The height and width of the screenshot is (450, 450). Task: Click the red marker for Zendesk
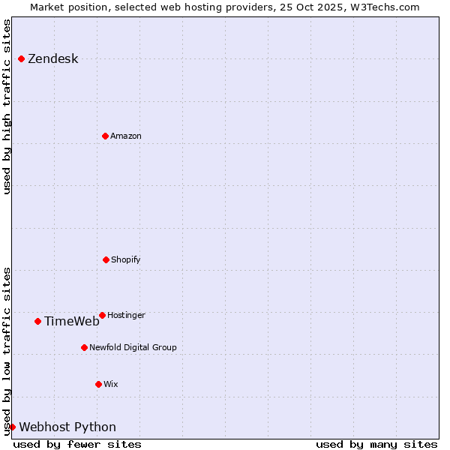(21, 58)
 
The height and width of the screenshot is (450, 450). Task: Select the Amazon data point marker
(105, 136)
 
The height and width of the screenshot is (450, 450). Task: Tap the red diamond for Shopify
(106, 259)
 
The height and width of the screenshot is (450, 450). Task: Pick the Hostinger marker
(102, 315)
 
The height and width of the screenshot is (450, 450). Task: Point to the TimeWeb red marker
(37, 321)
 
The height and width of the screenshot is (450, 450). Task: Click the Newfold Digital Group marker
(84, 347)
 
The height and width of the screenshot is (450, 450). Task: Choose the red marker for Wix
(98, 384)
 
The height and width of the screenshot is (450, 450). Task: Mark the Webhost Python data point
(12, 427)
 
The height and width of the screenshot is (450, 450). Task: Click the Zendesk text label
(52, 59)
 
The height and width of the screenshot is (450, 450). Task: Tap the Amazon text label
(126, 136)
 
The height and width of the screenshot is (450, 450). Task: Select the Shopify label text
(126, 260)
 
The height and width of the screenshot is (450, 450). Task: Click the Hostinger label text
(126, 316)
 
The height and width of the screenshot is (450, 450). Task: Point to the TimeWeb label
(71, 322)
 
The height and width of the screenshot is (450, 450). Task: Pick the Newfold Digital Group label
(133, 348)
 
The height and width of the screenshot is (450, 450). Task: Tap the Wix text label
(111, 385)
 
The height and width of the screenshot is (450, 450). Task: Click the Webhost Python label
(67, 427)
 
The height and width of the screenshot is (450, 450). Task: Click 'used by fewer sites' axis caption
(77, 444)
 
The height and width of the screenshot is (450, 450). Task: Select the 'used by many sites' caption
(376, 444)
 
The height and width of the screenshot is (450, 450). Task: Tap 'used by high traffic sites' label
(7, 106)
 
